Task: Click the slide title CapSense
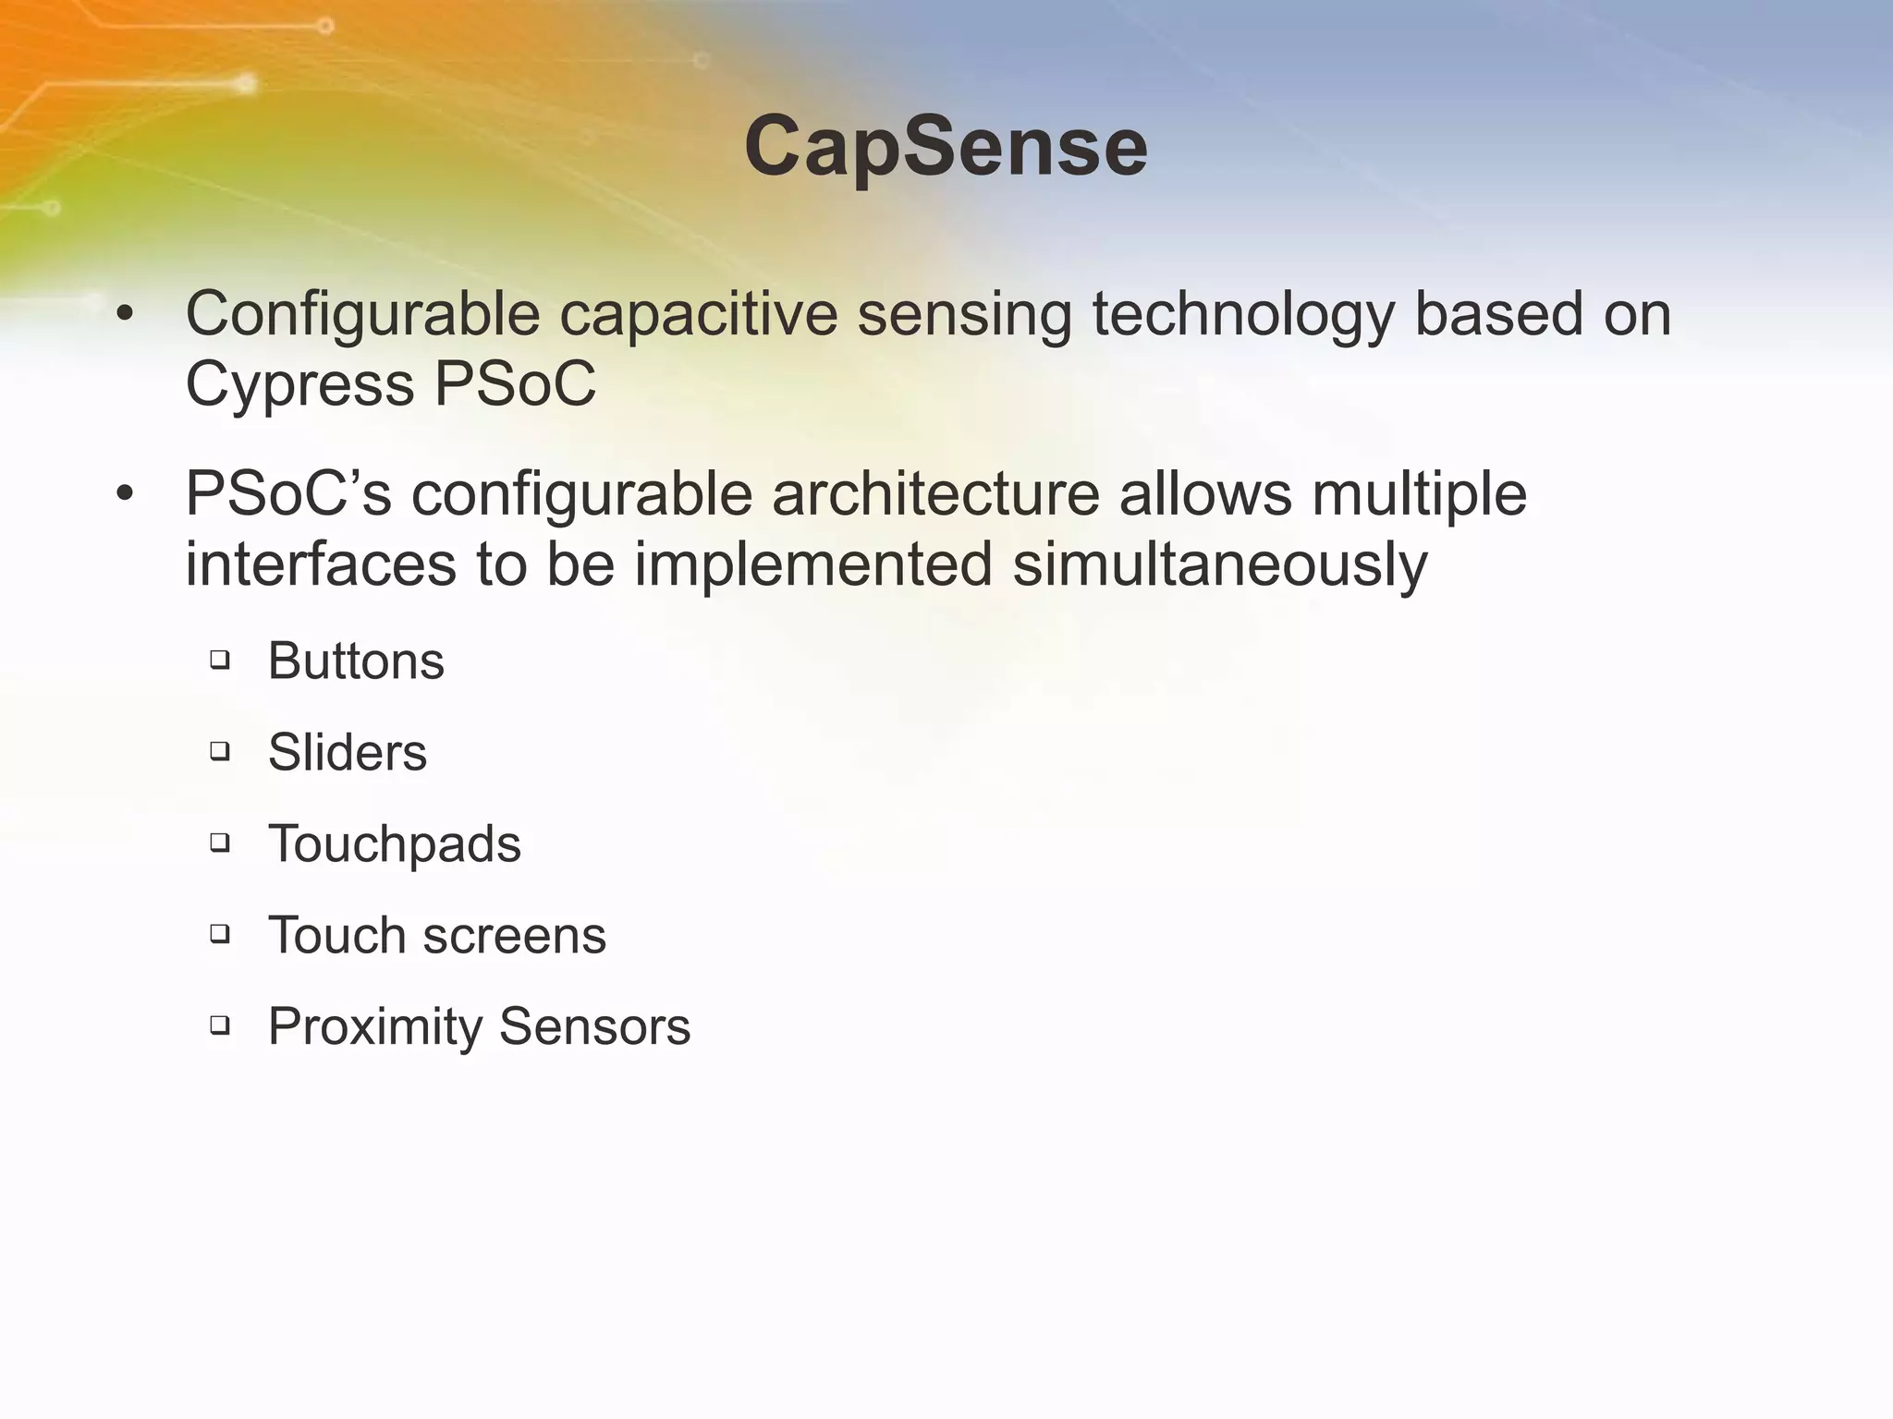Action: coord(946,148)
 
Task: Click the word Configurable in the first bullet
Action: coord(362,314)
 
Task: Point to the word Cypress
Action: coord(299,384)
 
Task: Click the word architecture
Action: coord(935,494)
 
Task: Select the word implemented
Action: coord(813,564)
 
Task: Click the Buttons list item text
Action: coord(356,661)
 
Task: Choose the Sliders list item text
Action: coord(348,752)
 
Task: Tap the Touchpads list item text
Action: coord(395,844)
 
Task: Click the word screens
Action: coord(514,936)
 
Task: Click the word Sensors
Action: coord(594,1026)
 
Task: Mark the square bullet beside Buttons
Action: coord(220,660)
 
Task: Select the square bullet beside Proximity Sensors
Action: coord(220,1024)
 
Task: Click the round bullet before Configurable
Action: coord(126,316)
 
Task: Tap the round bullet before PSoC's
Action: coord(126,495)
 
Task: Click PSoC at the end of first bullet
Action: coord(515,384)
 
